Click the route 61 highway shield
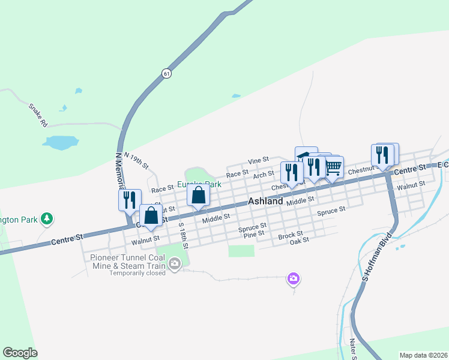point(166,73)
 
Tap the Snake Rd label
point(37,115)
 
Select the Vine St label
point(258,161)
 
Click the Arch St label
point(264,174)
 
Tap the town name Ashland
point(265,202)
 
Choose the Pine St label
point(255,235)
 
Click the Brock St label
point(291,236)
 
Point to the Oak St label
point(299,241)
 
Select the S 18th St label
point(184,236)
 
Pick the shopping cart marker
point(334,166)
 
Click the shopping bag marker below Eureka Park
point(199,195)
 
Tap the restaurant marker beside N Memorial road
point(130,200)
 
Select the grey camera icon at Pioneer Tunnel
point(175,263)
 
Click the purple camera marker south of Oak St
point(294,278)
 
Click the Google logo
point(20,353)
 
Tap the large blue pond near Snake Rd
point(60,143)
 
